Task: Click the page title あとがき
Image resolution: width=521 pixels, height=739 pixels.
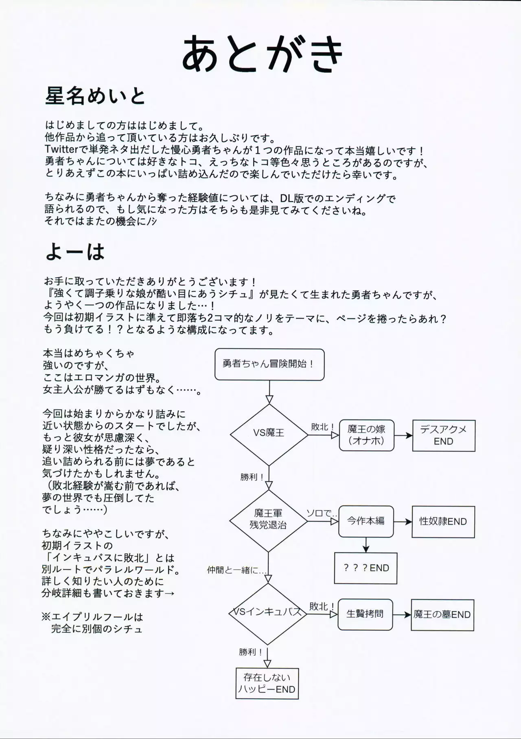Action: pos(263,54)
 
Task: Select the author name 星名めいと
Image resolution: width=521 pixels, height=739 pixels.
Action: pos(95,96)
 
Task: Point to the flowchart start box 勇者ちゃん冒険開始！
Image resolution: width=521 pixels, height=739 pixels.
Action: pos(269,364)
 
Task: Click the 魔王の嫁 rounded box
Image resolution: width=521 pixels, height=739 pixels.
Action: pos(366,435)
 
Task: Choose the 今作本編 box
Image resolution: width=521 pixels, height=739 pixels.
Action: pos(366,521)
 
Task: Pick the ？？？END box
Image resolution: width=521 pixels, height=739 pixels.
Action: pos(366,568)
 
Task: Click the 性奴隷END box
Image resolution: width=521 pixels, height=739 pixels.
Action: pos(443,522)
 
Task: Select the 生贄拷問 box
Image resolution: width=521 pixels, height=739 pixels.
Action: pos(365,614)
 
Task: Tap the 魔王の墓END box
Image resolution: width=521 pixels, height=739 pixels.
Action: pos(442,615)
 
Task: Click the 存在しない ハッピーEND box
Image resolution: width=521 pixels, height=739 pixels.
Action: pos(267,683)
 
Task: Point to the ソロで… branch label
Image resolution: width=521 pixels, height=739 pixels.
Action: pos(321,513)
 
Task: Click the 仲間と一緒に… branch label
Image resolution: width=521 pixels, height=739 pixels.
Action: pos(236,570)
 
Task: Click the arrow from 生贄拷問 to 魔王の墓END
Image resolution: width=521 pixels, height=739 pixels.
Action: pos(402,615)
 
